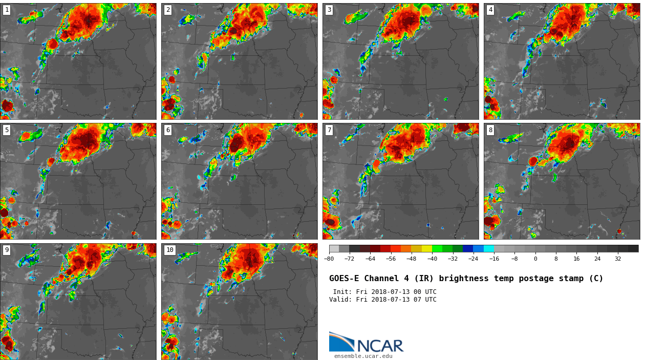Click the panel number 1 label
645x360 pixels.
coord(7,10)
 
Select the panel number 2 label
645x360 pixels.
coord(168,10)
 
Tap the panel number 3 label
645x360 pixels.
coord(329,10)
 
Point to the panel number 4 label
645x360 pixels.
coord(490,10)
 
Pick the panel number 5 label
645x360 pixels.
coord(7,130)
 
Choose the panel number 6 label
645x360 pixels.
coord(168,130)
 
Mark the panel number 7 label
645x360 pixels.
coord(329,130)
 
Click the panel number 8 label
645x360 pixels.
coord(490,130)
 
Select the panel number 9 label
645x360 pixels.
coord(7,250)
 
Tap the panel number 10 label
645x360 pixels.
coord(170,250)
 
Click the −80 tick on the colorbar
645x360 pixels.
coord(329,259)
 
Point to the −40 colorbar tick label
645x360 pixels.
coord(432,259)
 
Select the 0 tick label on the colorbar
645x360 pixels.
coord(535,259)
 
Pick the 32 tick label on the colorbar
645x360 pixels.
coord(618,259)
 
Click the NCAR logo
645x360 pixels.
coord(366,343)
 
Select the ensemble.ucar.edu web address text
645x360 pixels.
coord(363,356)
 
